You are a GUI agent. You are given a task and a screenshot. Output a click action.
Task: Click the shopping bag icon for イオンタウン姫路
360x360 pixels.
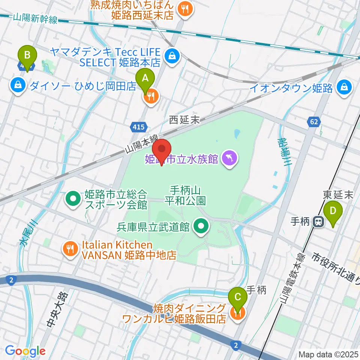344,88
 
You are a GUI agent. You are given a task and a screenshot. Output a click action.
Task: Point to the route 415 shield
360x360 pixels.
138,128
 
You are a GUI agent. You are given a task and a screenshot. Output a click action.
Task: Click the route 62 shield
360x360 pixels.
313,121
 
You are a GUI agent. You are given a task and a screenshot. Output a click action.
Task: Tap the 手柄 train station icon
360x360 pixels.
319,222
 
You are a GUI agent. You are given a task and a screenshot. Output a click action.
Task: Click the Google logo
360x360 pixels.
25,351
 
